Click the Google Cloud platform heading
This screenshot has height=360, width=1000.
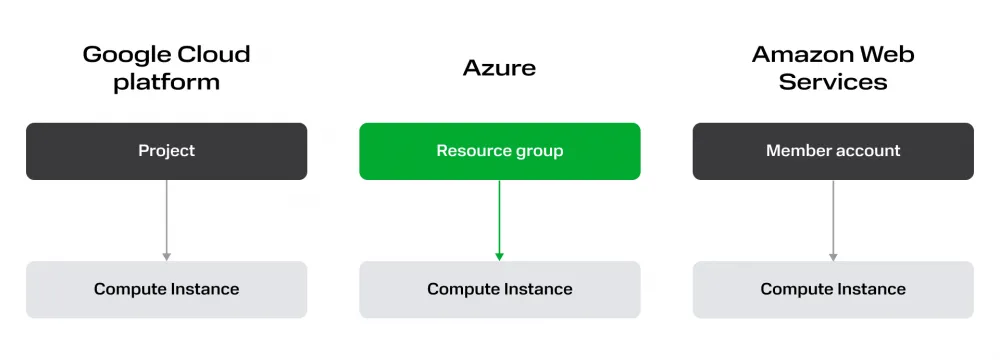tap(166, 68)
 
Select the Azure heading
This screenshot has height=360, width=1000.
tap(499, 68)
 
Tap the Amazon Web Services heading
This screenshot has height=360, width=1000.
tap(832, 68)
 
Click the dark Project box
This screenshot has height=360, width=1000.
tap(166, 151)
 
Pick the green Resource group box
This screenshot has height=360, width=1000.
tap(499, 151)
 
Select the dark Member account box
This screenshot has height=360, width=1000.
tap(832, 151)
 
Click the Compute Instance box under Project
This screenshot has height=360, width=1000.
tap(166, 289)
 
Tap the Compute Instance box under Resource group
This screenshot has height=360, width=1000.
tap(499, 289)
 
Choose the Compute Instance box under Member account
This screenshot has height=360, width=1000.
tap(832, 289)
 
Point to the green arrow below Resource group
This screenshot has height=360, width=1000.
tap(499, 220)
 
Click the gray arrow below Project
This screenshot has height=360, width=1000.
tap(166, 220)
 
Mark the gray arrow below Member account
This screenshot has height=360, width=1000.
tap(832, 220)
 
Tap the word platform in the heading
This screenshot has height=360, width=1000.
tap(166, 82)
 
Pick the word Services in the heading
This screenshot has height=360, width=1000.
tap(832, 82)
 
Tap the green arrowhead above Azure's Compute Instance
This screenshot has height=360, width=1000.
tap(499, 256)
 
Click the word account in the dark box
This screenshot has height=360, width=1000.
tap(866, 151)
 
